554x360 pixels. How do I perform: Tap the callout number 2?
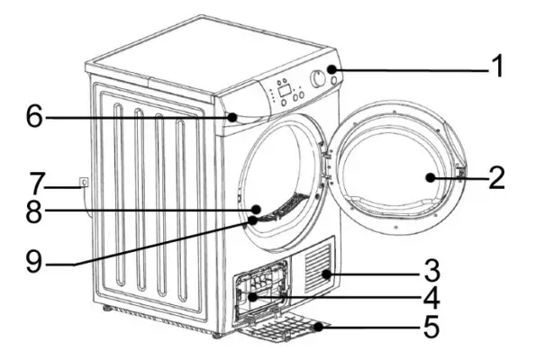pos(495,178)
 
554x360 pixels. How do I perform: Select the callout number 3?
pos(432,269)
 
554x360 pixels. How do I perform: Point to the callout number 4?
pos(432,294)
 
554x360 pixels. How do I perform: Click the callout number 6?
pos(33,117)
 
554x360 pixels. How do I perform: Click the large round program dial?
pos(318,79)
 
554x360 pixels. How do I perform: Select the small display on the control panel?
pos(284,88)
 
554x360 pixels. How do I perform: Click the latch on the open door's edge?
pos(460,170)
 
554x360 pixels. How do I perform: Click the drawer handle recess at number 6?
pos(236,117)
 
